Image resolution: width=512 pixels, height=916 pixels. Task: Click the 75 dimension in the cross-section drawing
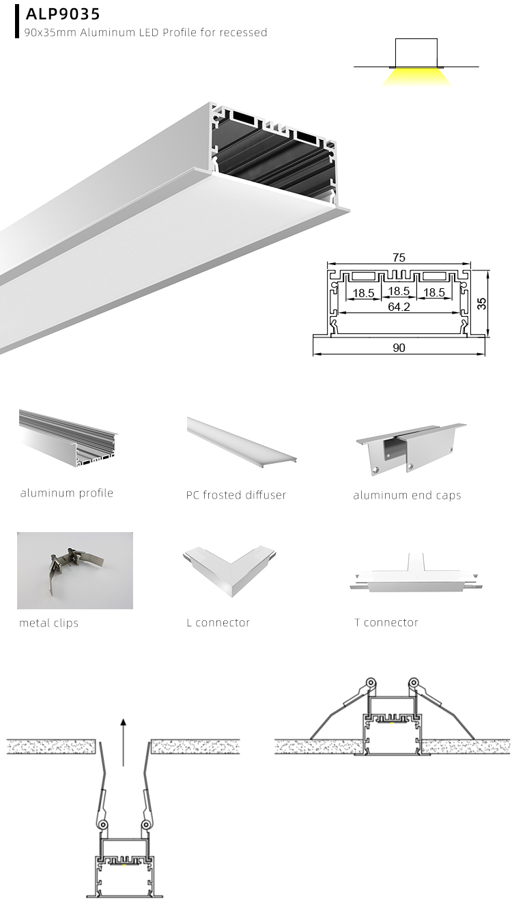[x=399, y=258]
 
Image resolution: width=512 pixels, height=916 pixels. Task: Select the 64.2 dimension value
[x=399, y=307]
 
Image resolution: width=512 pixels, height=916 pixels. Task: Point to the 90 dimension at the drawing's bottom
[x=399, y=348]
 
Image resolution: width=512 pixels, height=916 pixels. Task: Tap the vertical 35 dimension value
[x=482, y=303]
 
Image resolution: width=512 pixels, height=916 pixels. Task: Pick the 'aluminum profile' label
[x=67, y=493]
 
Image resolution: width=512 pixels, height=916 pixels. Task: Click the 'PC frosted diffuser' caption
[x=236, y=495]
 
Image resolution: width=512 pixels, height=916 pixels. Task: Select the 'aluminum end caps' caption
[x=407, y=495]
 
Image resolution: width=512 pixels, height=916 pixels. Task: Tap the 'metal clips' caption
[x=48, y=623]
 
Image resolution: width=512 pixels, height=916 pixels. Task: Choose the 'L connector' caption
[x=218, y=623]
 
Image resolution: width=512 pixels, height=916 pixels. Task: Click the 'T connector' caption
[x=386, y=622]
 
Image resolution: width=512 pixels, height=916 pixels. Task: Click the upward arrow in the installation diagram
[x=123, y=741]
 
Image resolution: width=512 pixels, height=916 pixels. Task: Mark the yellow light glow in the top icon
[x=416, y=77]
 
